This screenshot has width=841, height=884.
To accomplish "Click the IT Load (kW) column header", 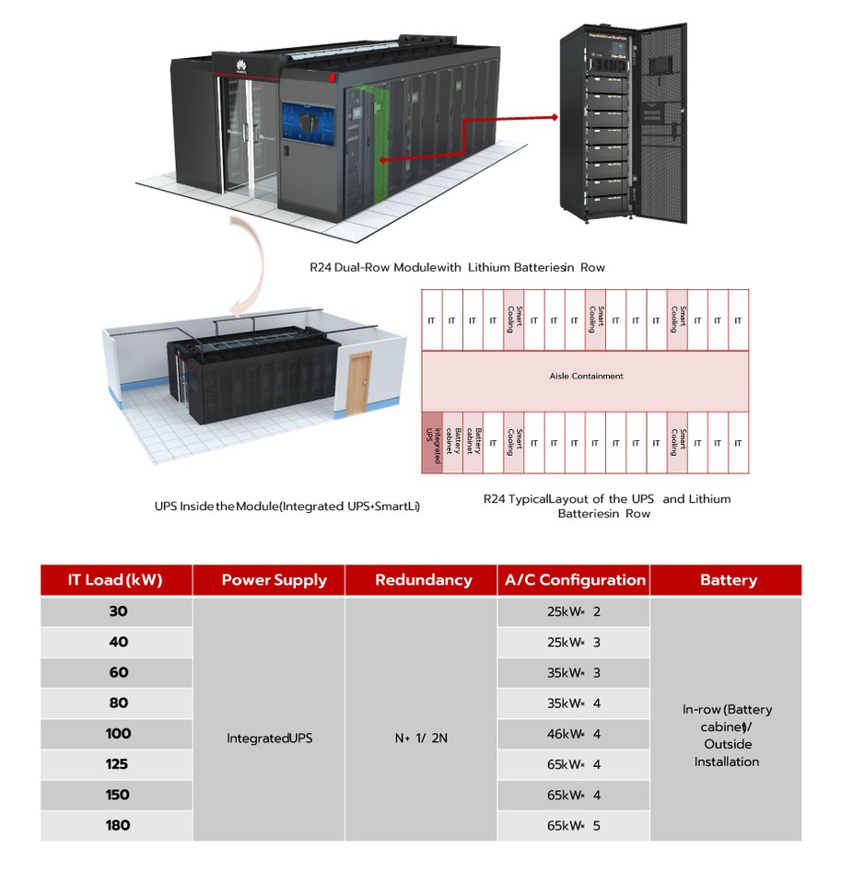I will pos(115,580).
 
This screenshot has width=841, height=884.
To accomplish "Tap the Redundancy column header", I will pos(423,580).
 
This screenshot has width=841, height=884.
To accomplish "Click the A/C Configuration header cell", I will pos(574,580).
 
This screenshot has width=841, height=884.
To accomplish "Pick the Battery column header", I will pos(728,580).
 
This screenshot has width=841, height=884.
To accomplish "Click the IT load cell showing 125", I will pos(117,764).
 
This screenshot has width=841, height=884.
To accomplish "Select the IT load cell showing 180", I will pos(117,825).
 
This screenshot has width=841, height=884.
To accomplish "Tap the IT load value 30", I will pos(117,611).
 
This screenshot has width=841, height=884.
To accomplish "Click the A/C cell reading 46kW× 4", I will pos(573,734).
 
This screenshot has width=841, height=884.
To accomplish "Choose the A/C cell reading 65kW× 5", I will pos(573,825).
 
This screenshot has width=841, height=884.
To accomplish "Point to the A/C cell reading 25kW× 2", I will pos(573,611).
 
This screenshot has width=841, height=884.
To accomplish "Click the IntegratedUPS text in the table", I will pos(269,739).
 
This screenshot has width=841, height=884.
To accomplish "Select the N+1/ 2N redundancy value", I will pos(422,739).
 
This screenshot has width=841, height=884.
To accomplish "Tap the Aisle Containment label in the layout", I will pos(586,376).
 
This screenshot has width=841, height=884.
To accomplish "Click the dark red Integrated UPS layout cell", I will pos(431,443).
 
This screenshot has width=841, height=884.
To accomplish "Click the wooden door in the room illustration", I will pos(357,384).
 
